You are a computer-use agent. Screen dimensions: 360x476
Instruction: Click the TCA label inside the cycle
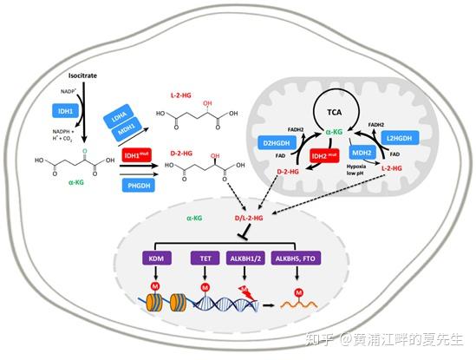point(334,113)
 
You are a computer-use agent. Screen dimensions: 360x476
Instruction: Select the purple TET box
point(205,258)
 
